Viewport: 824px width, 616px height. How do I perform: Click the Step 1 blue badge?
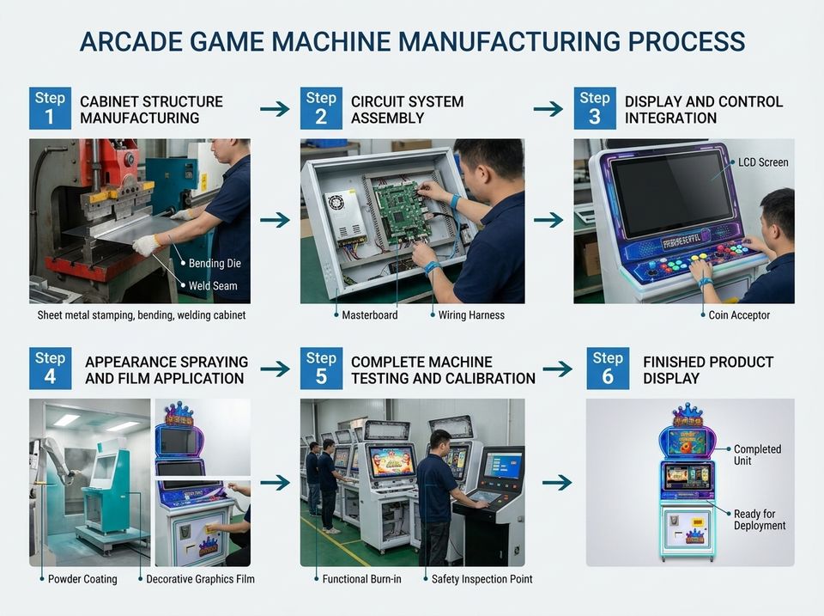(50, 108)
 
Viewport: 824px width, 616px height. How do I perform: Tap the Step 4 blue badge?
(50, 369)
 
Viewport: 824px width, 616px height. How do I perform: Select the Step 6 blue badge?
(608, 369)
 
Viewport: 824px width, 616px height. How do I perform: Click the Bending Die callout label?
(215, 264)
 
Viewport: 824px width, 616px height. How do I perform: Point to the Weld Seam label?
(213, 285)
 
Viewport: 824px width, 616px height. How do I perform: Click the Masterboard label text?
(369, 315)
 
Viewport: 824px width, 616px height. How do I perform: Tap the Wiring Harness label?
(471, 315)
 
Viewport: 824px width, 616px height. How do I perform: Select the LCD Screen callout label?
(763, 162)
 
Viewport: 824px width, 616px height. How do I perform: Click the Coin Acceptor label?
(739, 315)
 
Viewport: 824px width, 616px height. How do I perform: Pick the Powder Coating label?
(82, 579)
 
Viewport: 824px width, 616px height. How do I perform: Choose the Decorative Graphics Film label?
(200, 579)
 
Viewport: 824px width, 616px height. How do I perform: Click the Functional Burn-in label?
(361, 579)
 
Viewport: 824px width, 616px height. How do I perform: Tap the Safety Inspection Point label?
(482, 579)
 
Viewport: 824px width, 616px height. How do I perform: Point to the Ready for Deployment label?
(760, 520)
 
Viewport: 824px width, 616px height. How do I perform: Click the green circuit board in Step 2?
(401, 211)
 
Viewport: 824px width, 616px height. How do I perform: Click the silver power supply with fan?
(345, 217)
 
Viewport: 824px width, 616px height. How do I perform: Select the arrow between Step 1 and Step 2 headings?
(275, 109)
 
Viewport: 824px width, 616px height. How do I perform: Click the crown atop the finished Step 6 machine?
(688, 414)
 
